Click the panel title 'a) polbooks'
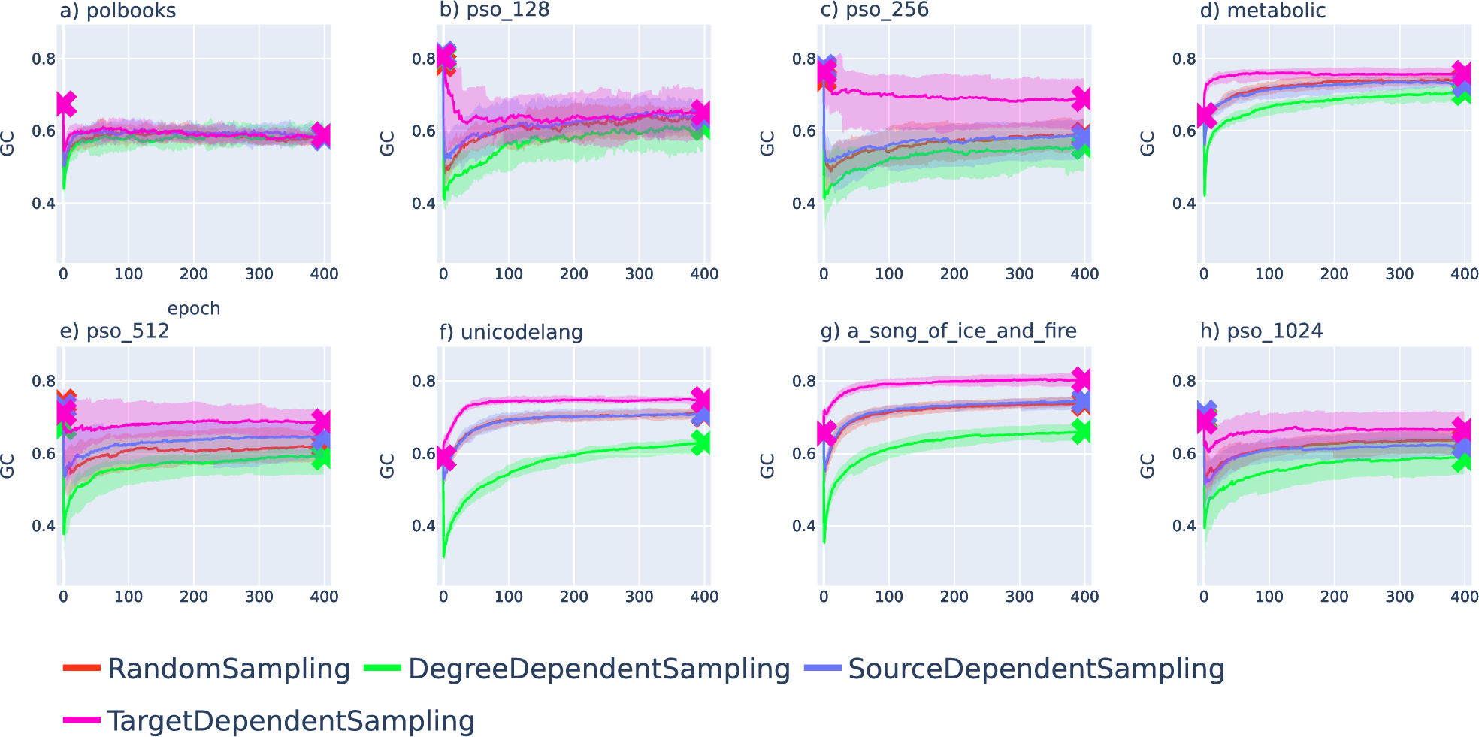pyautogui.click(x=118, y=11)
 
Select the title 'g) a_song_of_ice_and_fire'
pyautogui.click(x=948, y=331)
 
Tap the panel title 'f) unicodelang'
pyautogui.click(x=511, y=332)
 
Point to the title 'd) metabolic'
pyautogui.click(x=1262, y=11)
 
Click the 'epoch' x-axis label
pyautogui.click(x=194, y=309)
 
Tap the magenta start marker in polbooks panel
pyautogui.click(x=65, y=104)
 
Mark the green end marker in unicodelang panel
pyautogui.click(x=700, y=443)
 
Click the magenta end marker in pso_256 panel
pyautogui.click(x=1081, y=98)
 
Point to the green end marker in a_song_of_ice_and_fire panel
pyautogui.click(x=1081, y=431)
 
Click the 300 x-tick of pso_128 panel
pyautogui.click(x=639, y=274)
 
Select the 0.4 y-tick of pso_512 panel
pyautogui.click(x=44, y=526)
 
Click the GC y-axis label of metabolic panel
pyautogui.click(x=1148, y=143)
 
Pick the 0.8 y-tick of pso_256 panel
pyautogui.click(x=804, y=59)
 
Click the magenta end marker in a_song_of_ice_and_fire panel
pyautogui.click(x=1081, y=379)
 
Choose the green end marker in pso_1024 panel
pyautogui.click(x=1462, y=461)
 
